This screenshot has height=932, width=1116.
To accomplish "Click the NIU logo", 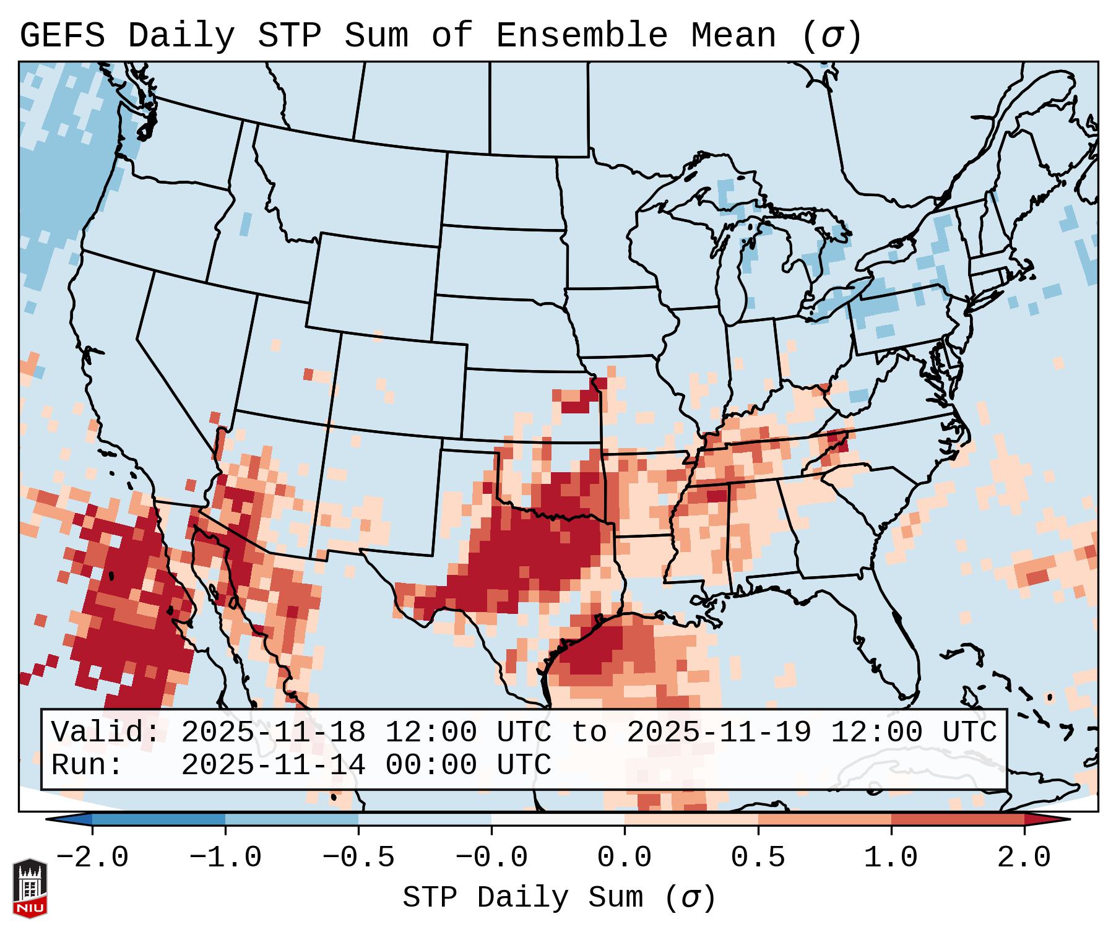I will click(x=30, y=888).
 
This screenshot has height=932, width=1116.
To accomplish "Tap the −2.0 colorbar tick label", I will click(x=92, y=858).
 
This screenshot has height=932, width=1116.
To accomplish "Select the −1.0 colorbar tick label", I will click(x=225, y=858).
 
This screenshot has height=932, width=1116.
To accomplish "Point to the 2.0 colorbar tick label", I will click(x=1024, y=858).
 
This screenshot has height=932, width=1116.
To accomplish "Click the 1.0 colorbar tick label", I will click(x=891, y=858).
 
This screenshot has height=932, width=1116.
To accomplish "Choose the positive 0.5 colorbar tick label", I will click(x=758, y=858).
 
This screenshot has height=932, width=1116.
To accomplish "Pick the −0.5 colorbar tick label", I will click(x=358, y=858).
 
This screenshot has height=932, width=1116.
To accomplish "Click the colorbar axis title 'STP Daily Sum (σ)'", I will click(x=559, y=897).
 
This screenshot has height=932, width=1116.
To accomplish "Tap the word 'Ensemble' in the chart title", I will click(x=581, y=35).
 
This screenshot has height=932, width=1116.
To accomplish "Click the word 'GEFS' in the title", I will click(x=62, y=35).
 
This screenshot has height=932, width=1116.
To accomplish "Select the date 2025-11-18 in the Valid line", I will click(x=273, y=733).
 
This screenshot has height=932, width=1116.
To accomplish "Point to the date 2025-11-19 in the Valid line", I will click(x=719, y=733).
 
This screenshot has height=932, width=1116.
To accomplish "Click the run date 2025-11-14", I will click(x=273, y=765).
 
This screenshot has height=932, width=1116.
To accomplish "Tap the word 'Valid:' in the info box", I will click(x=106, y=733).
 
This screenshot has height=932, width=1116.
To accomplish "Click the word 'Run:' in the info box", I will click(x=87, y=765).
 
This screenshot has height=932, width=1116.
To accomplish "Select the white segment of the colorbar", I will click(x=558, y=819).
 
